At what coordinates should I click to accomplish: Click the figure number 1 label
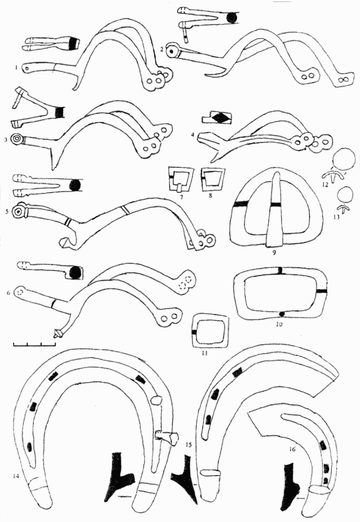coord(17,66)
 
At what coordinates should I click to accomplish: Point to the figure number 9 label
coord(272,253)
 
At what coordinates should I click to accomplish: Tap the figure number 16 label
coord(292,449)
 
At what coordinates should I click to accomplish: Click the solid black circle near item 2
coord(231,18)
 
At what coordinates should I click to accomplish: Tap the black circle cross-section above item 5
coord(75,186)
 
